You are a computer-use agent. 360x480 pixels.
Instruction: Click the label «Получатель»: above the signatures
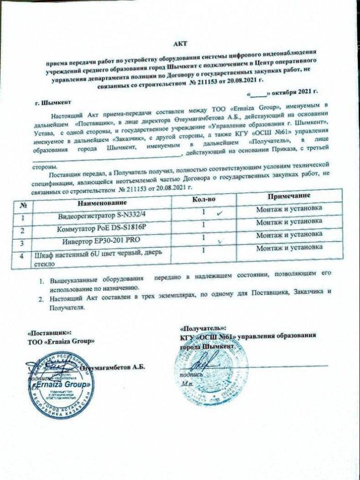[203, 327]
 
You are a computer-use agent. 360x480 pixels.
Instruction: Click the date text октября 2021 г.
[294, 93]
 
